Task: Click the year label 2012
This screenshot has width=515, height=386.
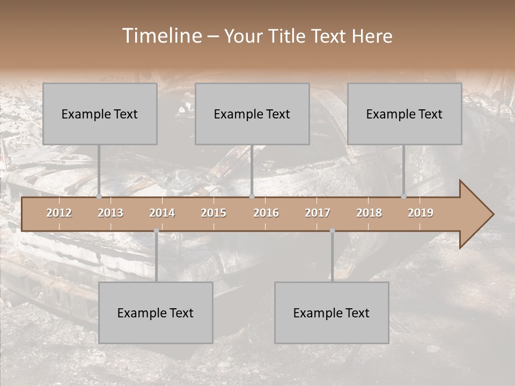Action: [x=59, y=213]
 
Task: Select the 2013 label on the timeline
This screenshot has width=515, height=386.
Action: [x=111, y=213]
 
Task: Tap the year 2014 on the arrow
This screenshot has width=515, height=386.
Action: [x=162, y=213]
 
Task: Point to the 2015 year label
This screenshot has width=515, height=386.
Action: [x=214, y=213]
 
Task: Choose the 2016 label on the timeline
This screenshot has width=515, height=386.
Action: [x=266, y=213]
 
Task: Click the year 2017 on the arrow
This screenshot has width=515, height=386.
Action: [x=318, y=213]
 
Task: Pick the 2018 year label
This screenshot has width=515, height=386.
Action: [x=369, y=213]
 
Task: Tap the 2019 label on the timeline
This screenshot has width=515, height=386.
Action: [x=421, y=213]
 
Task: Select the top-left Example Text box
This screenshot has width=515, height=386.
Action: [x=100, y=114]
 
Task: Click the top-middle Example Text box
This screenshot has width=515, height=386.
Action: [x=252, y=114]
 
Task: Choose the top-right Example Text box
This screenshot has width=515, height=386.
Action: [x=404, y=114]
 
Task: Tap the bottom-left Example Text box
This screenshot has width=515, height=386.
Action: [x=156, y=313]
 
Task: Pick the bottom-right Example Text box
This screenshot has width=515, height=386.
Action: [x=332, y=313]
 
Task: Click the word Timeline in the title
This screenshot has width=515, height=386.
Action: [x=161, y=36]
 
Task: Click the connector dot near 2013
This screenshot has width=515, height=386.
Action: [x=99, y=197]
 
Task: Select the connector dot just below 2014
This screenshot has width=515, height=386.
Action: [x=156, y=231]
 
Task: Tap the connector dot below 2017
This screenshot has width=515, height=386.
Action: [x=332, y=231]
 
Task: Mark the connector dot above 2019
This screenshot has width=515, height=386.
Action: [x=404, y=197]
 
